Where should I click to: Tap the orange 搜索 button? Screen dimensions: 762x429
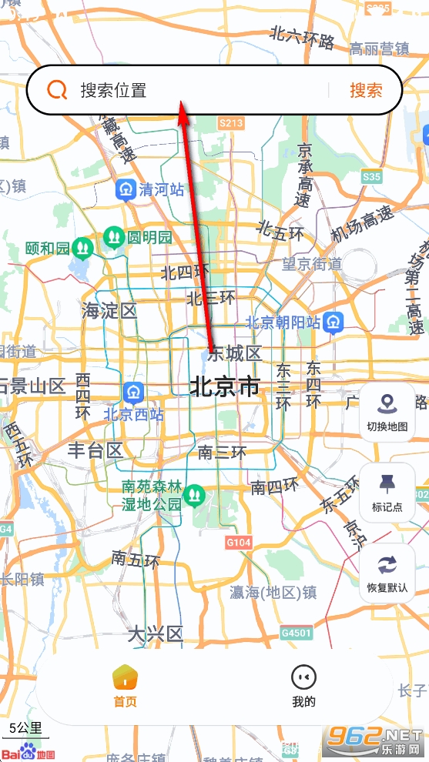(x=366, y=90)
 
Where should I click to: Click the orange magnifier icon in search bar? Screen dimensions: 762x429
(x=57, y=90)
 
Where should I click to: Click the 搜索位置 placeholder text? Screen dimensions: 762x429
(x=113, y=90)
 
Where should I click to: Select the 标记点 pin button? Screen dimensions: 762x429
(x=387, y=493)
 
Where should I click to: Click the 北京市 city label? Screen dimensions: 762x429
(x=225, y=386)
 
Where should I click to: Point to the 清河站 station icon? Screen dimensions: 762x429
(x=126, y=189)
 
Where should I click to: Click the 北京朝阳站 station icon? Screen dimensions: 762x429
(x=333, y=322)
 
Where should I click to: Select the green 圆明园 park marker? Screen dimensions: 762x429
(x=114, y=236)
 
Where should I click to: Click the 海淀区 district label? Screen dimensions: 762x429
(x=109, y=311)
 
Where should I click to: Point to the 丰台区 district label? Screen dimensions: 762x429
(x=95, y=450)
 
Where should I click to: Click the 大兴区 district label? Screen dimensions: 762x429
(x=155, y=634)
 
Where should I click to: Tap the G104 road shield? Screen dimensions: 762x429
(x=239, y=543)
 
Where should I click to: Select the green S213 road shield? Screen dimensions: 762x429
(x=231, y=122)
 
